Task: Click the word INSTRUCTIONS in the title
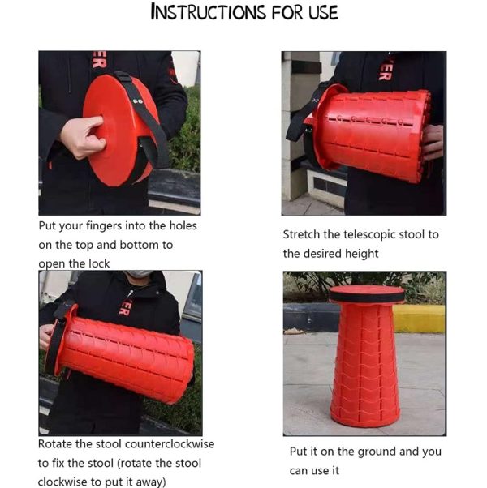click(x=208, y=12)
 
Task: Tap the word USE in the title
click(x=323, y=13)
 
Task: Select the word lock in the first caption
click(x=99, y=263)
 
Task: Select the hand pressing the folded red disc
click(x=82, y=137)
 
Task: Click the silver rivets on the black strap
click(x=138, y=101)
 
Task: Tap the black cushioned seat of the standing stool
click(x=367, y=294)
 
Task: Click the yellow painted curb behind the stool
click(x=419, y=319)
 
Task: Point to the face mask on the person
click(x=140, y=273)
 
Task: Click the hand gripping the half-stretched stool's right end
click(x=433, y=142)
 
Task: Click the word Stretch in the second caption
click(x=302, y=235)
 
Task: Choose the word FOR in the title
click(x=287, y=13)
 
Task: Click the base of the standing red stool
click(x=364, y=414)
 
